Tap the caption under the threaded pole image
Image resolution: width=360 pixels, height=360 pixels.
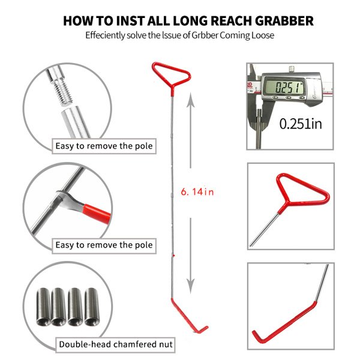pyautogui.click(x=104, y=146)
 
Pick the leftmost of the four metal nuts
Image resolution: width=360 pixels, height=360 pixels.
pyautogui.click(x=44, y=307)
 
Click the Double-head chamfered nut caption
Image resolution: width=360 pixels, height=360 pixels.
pyautogui.click(x=115, y=344)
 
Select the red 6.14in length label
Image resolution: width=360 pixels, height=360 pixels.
pyautogui.click(x=197, y=192)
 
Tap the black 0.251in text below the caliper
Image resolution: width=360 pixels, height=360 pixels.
pyautogui.click(x=300, y=124)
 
